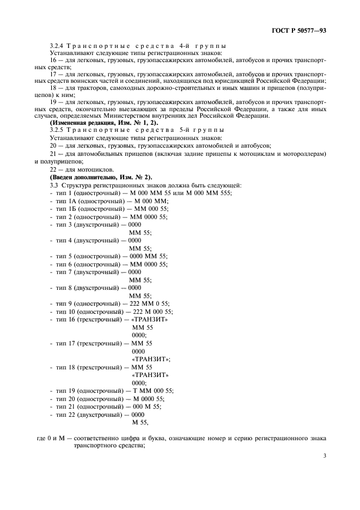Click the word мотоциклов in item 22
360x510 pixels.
coord(87,169)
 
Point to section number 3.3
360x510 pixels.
coord(54,186)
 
